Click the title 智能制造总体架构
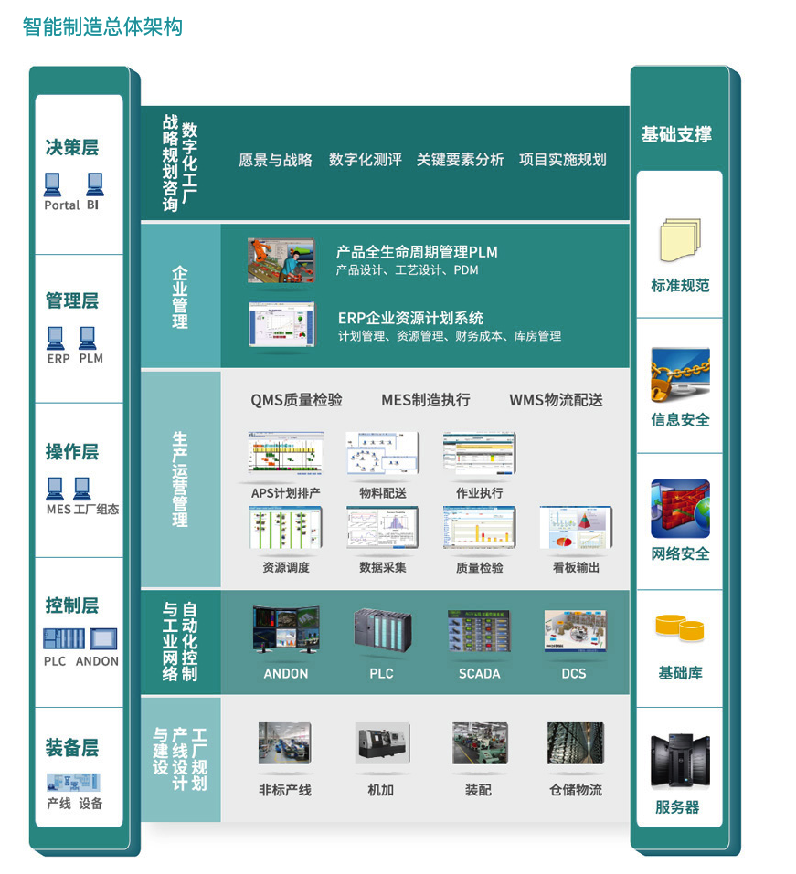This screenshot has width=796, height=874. coord(102,27)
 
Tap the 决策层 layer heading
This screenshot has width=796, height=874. coord(72,148)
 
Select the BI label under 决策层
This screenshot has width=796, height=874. coord(93,205)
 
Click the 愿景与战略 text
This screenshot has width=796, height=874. coord(275,160)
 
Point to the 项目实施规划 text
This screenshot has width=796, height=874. coord(562,160)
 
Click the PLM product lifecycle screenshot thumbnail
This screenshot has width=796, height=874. coord(281,260)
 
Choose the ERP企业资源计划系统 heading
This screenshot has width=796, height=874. coord(410,318)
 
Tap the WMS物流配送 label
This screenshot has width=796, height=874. coord(556,400)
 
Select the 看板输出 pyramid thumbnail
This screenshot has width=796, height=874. coord(576,529)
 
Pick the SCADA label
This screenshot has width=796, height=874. coord(479,674)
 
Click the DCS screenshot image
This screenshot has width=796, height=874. coord(575,631)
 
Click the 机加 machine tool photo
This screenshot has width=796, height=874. coord(381,743)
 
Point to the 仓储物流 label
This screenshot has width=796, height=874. coord(576,790)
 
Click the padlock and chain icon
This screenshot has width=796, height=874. coord(679,374)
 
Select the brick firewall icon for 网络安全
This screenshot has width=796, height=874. coord(679,509)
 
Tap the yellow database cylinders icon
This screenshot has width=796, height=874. coord(679,629)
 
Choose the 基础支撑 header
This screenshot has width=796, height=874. coord(676,135)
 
